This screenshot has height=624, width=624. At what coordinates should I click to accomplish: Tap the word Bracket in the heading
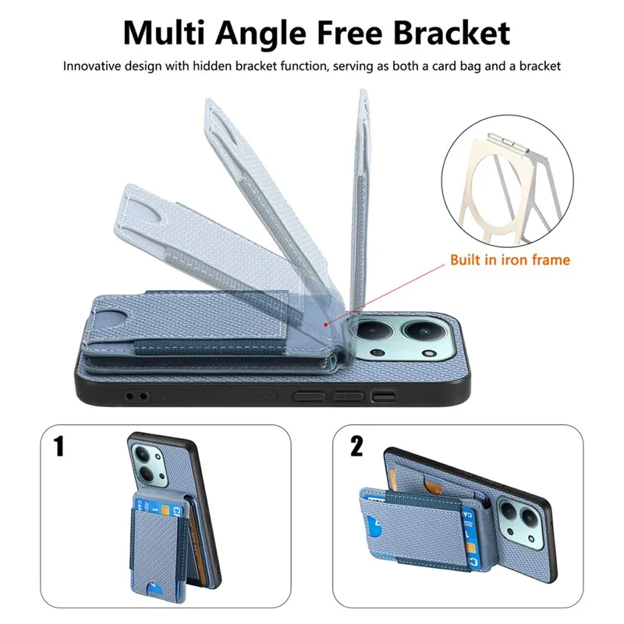click(x=452, y=33)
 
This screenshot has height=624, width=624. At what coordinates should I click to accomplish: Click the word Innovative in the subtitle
click(x=91, y=66)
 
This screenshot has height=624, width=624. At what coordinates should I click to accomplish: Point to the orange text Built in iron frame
click(x=510, y=260)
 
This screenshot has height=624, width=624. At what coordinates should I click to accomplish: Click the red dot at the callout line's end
click(x=326, y=324)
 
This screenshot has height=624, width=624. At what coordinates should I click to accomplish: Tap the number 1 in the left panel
click(x=59, y=446)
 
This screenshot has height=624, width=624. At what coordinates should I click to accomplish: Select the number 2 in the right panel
click(x=356, y=446)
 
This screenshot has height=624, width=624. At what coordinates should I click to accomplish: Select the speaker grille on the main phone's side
click(x=220, y=396)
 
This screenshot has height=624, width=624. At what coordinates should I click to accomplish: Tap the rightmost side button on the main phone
click(x=383, y=395)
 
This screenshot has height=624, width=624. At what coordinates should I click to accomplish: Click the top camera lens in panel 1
click(x=143, y=454)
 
